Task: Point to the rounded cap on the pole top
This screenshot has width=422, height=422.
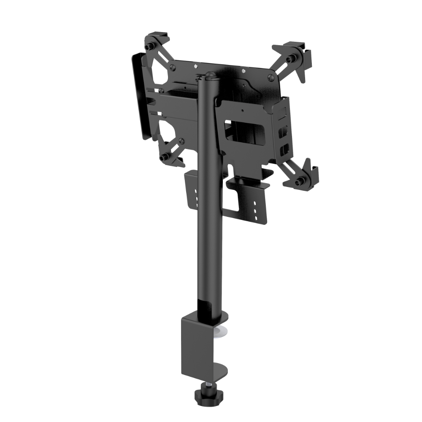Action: pos(209,76)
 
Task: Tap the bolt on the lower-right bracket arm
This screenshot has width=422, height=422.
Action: pos(300,182)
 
